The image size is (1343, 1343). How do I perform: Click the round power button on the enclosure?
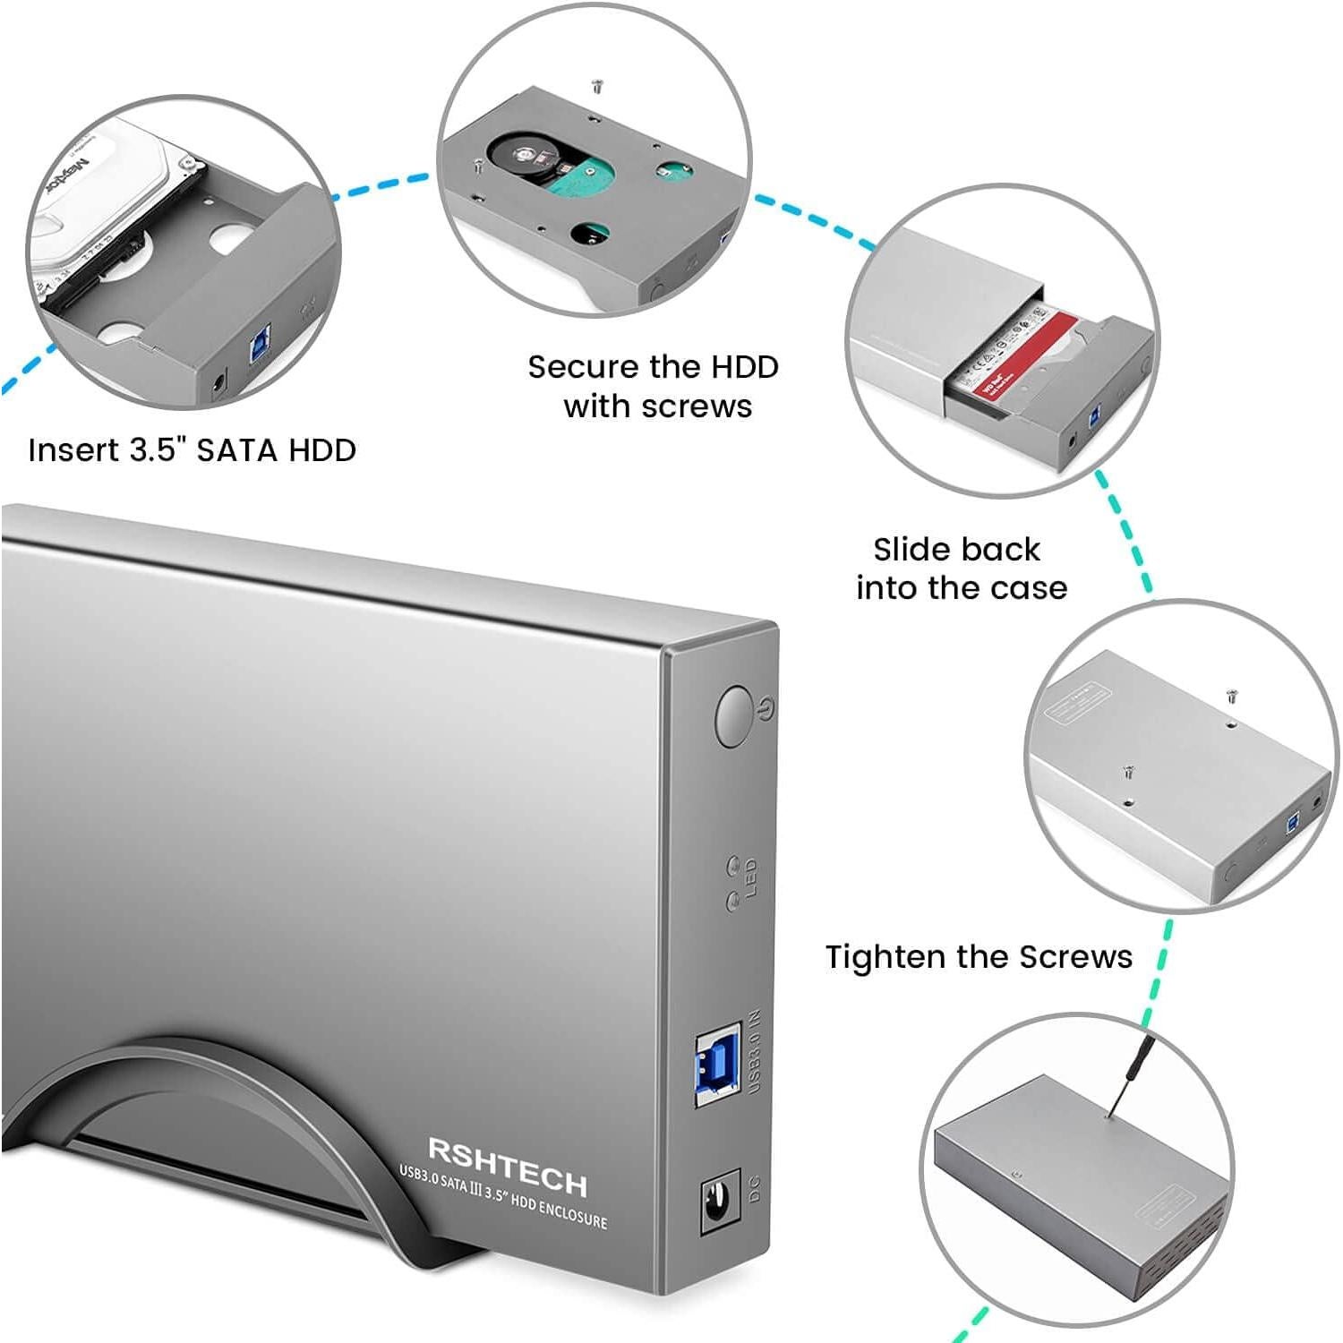pos(733,716)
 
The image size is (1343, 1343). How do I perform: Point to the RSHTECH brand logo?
pos(508,1166)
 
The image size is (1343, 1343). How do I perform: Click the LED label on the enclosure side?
pos(751,877)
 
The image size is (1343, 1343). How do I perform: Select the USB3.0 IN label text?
pos(754,1052)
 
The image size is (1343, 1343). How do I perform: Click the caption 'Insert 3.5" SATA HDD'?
pos(192,449)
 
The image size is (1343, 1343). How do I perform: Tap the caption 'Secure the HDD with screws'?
pos(654,386)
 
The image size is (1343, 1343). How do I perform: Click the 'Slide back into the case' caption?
pos(960,569)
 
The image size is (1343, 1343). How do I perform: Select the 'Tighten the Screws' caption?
pos(979,956)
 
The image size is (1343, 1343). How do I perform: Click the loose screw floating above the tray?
pos(597,86)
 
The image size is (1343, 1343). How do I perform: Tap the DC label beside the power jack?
pos(754,1188)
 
